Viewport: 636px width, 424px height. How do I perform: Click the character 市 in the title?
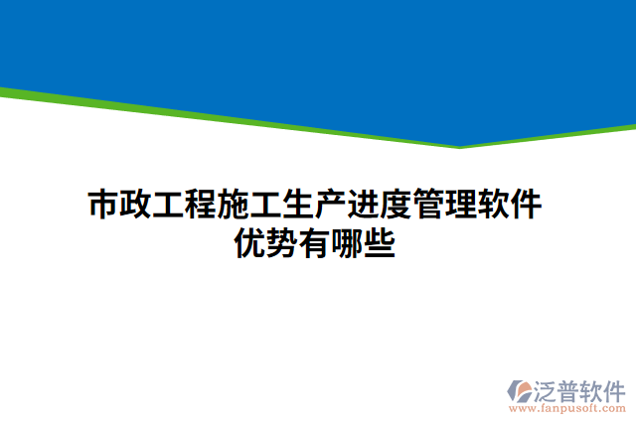[104, 207]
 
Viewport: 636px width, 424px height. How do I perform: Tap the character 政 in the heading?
[137, 207]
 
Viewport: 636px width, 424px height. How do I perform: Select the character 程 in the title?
[202, 207]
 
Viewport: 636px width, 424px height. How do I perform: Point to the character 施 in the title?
[235, 207]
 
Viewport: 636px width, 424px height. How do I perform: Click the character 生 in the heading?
[299, 207]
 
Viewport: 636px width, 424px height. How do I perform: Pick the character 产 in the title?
[332, 207]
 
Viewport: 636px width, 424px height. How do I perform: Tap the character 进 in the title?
[365, 207]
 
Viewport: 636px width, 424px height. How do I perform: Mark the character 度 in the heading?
[397, 207]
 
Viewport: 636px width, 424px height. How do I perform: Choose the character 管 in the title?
[430, 207]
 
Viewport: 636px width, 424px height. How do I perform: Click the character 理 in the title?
[463, 207]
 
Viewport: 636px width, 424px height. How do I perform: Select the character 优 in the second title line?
[250, 242]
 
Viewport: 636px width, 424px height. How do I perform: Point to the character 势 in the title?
[283, 242]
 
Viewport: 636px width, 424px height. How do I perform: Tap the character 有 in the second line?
[316, 242]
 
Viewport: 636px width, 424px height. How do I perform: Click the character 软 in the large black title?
[496, 207]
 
